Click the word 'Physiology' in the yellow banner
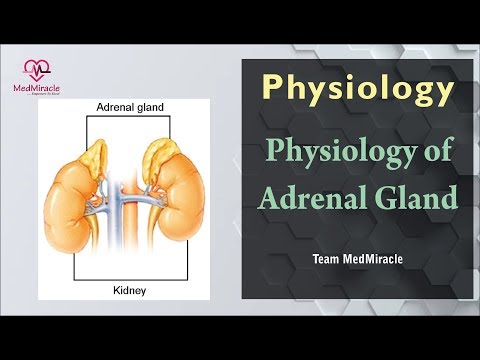coord(357,88)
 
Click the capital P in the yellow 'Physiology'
coord(272,87)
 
